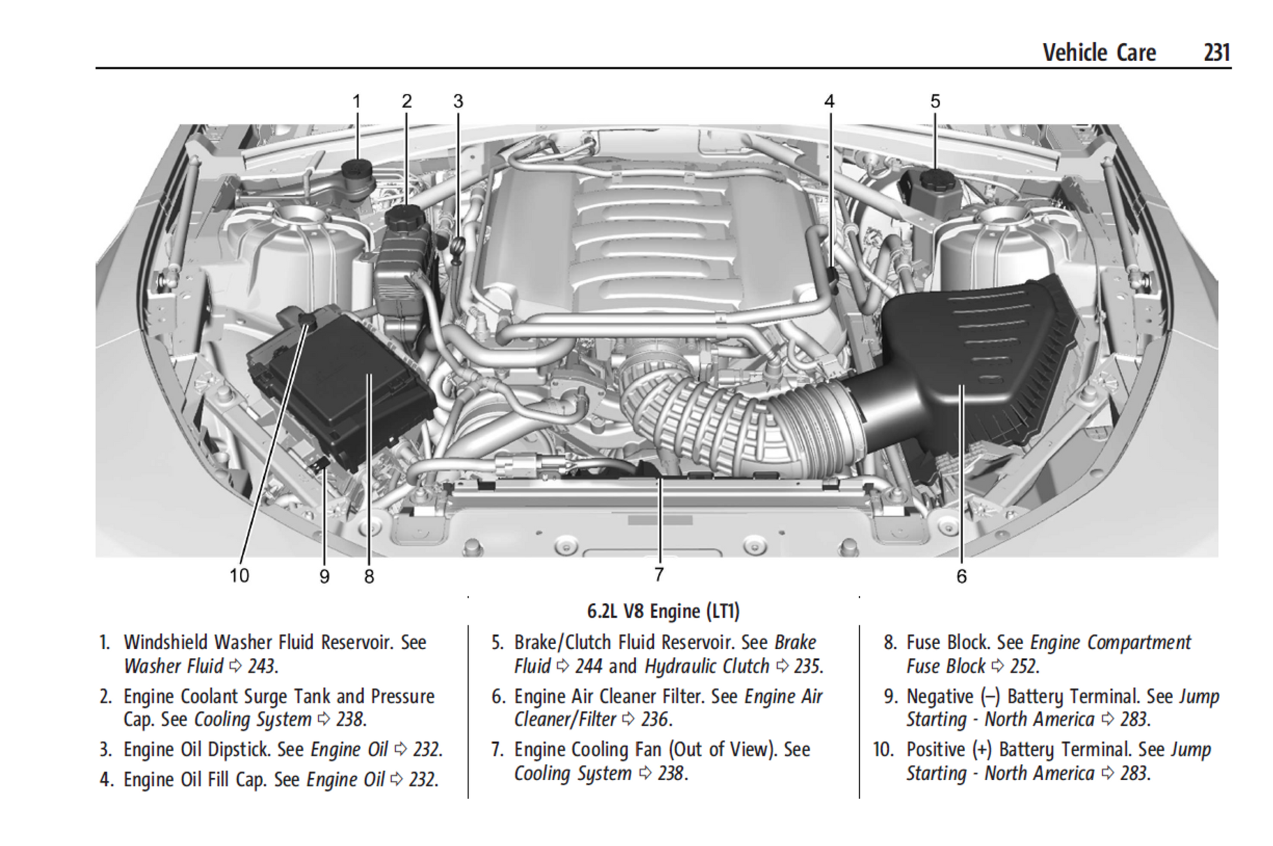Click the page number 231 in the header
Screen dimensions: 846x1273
click(x=1216, y=52)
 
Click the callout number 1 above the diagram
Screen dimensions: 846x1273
click(x=357, y=101)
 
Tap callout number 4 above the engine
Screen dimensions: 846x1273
click(x=829, y=101)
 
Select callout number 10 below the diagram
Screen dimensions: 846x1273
click(x=239, y=575)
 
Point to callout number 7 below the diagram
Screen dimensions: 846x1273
click(x=659, y=574)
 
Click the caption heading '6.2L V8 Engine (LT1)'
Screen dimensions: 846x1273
click(x=663, y=611)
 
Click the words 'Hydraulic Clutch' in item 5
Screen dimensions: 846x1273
click(x=706, y=667)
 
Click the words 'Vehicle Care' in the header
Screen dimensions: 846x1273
click(x=1099, y=52)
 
